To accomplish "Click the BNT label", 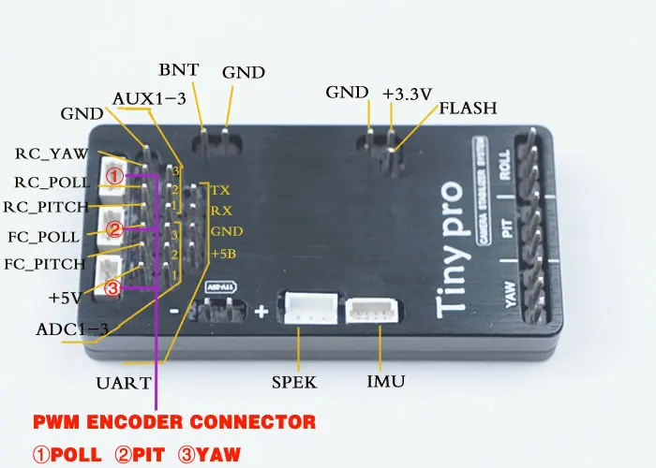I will pos(177,70).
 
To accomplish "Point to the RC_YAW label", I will pos(52,154).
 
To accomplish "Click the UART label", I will pos(122,382).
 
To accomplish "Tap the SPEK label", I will pos(294,382).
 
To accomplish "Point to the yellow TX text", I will pos(220,189).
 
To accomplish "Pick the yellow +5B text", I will pos(224,254).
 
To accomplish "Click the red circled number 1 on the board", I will pos(113,175).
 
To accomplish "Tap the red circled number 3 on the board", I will pos(112,289).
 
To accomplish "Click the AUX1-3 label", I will pos(147,99).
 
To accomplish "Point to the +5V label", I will pos(67,299).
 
